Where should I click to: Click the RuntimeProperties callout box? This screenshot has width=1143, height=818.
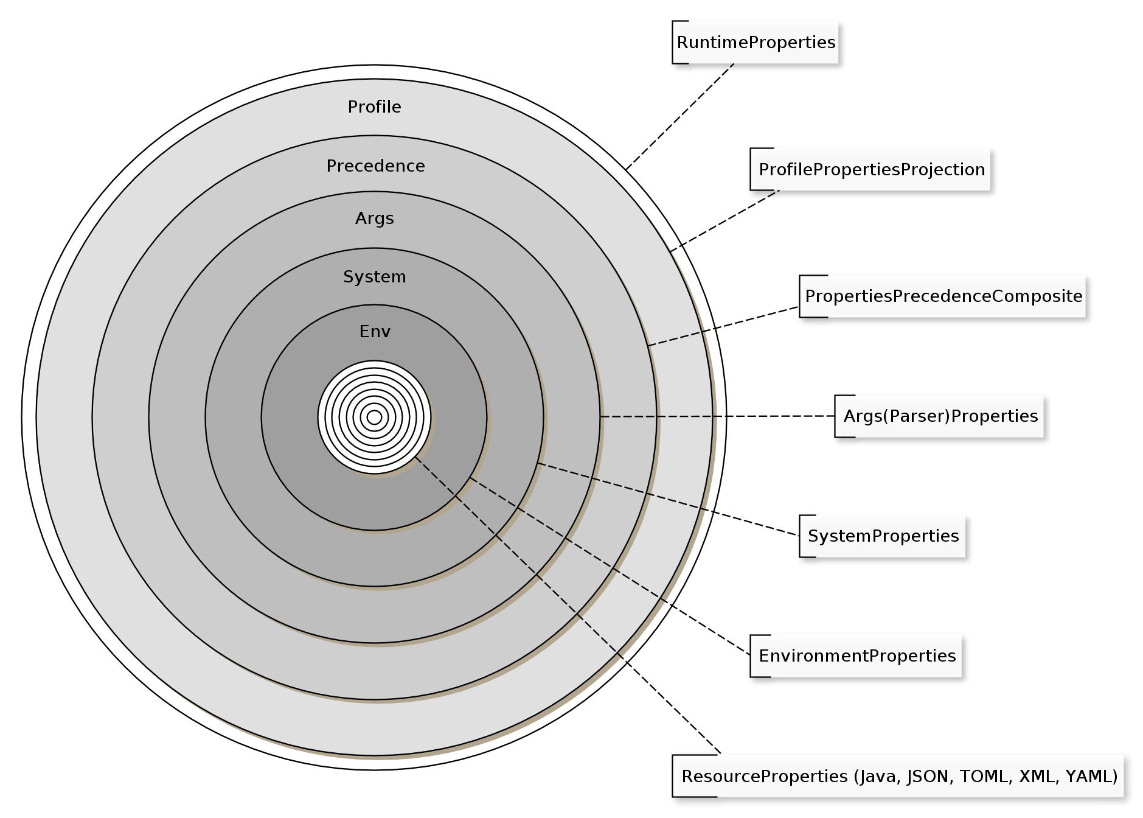755,43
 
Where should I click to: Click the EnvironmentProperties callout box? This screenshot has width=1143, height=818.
856,656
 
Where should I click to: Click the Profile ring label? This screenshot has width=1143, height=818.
374,107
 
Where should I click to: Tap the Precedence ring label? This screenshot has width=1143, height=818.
375,166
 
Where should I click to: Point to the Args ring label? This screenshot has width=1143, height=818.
374,218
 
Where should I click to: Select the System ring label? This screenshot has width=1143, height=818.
374,277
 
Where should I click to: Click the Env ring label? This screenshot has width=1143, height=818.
375,332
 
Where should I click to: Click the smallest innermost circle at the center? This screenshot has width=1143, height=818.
374,418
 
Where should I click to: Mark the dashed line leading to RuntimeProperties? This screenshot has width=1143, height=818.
680,116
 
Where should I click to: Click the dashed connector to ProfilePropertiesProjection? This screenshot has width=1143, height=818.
724,221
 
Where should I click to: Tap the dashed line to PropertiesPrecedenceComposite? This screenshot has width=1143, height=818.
724,326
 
